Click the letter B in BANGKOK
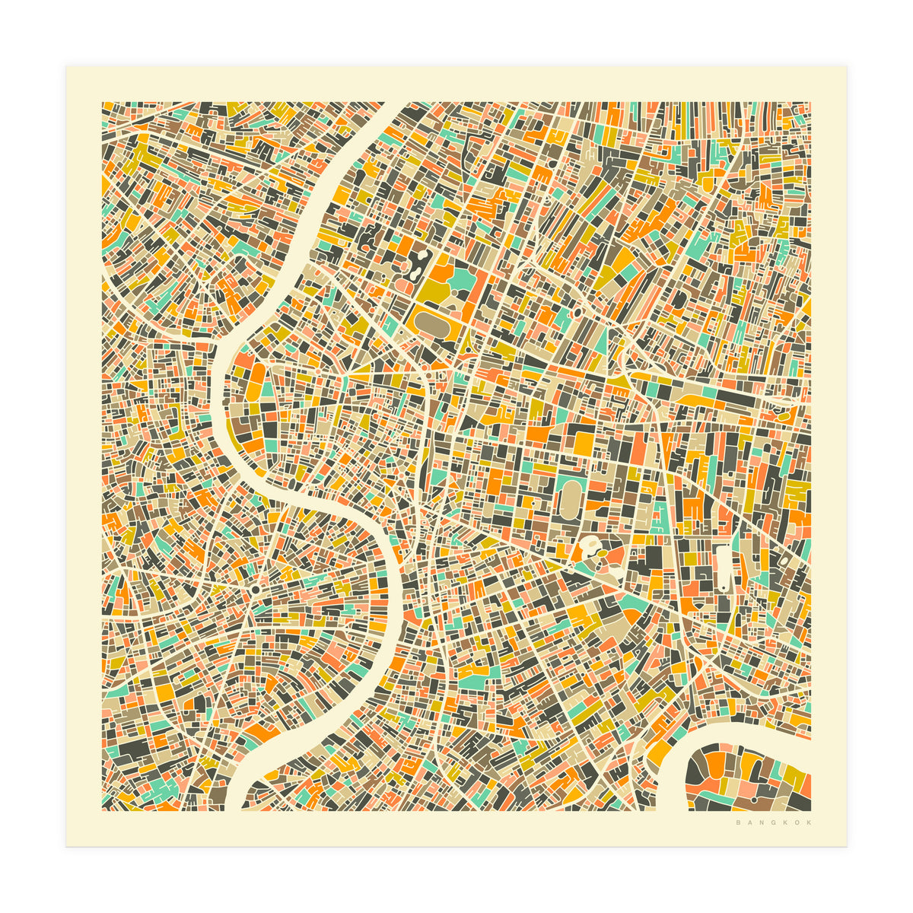click(738, 822)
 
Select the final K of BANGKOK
click(809, 822)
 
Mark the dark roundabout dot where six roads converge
click(255, 590)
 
